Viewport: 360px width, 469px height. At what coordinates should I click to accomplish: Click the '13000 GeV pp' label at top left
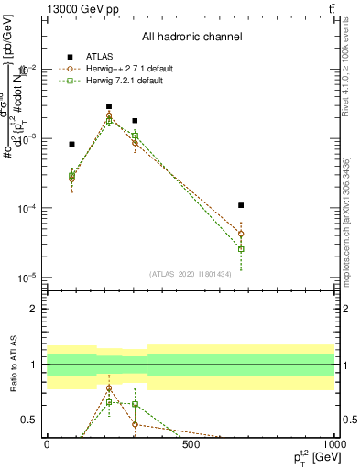(x=81, y=8)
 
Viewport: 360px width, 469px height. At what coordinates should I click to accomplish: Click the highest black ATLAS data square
(x=109, y=106)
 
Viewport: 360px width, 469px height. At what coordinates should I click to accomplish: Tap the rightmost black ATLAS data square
(x=241, y=205)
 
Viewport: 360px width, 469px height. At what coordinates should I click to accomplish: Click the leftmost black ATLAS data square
(x=72, y=144)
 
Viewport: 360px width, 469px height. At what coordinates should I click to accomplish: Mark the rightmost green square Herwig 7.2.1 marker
(x=241, y=249)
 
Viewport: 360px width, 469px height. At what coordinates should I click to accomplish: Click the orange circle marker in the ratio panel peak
(x=109, y=388)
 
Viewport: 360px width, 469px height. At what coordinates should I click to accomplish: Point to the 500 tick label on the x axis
(x=191, y=445)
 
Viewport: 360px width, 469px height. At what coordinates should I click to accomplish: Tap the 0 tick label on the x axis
(x=47, y=445)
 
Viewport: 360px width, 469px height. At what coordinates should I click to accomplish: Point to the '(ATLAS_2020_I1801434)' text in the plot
(x=191, y=273)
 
